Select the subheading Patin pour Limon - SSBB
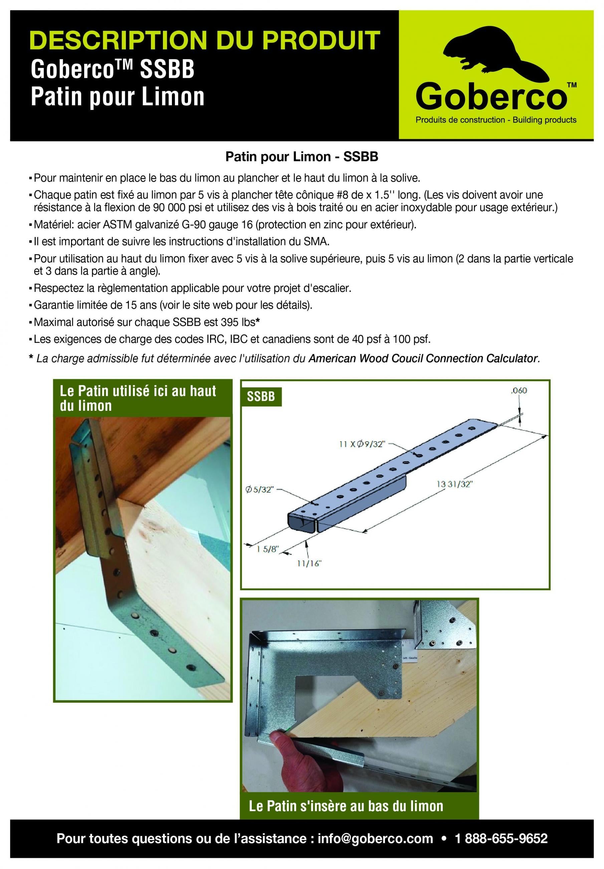point(302,157)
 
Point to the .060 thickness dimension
point(519,390)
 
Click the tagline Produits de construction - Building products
point(496,120)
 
